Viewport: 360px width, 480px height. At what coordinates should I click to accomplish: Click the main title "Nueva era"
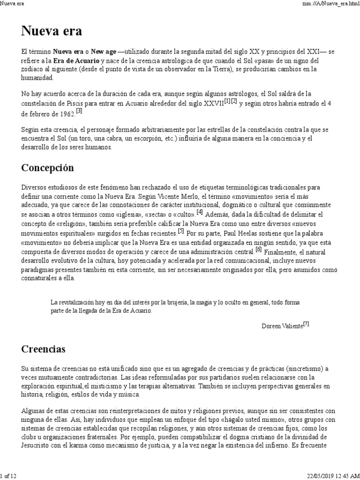pyautogui.click(x=52, y=32)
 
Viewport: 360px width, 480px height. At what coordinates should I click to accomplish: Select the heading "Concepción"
pyautogui.click(x=48, y=167)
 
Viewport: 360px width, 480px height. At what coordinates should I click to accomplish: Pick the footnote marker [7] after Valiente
pyautogui.click(x=306, y=323)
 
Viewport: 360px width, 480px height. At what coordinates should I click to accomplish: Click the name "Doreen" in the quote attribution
pyautogui.click(x=271, y=326)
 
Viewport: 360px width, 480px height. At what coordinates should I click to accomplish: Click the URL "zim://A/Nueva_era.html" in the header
pyautogui.click(x=329, y=4)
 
